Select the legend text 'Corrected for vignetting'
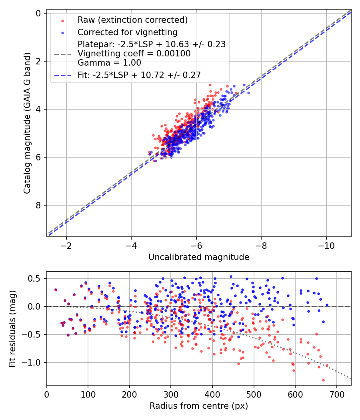point(127,32)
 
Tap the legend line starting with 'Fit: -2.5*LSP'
point(139,74)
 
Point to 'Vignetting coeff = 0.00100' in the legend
point(134,53)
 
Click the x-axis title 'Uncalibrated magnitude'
point(199,257)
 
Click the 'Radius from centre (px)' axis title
point(199,406)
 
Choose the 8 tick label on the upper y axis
point(38,205)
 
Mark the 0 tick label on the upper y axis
point(38,13)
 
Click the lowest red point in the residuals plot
point(323,380)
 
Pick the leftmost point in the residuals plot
point(56,290)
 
